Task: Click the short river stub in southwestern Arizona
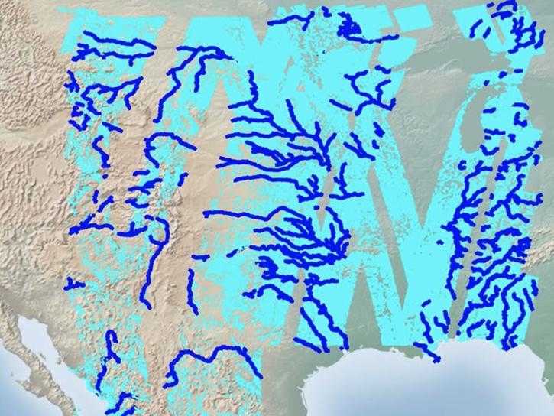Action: pyautogui.click(x=73, y=284)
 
